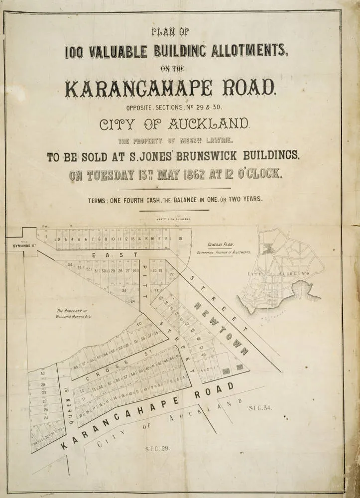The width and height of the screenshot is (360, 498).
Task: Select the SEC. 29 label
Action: point(158,448)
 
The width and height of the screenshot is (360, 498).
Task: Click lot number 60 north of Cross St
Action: point(139,324)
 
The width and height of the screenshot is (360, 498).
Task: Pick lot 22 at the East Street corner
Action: point(172,274)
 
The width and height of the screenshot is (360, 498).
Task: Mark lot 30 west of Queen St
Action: point(43,373)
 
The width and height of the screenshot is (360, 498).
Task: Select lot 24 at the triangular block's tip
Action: point(132,301)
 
